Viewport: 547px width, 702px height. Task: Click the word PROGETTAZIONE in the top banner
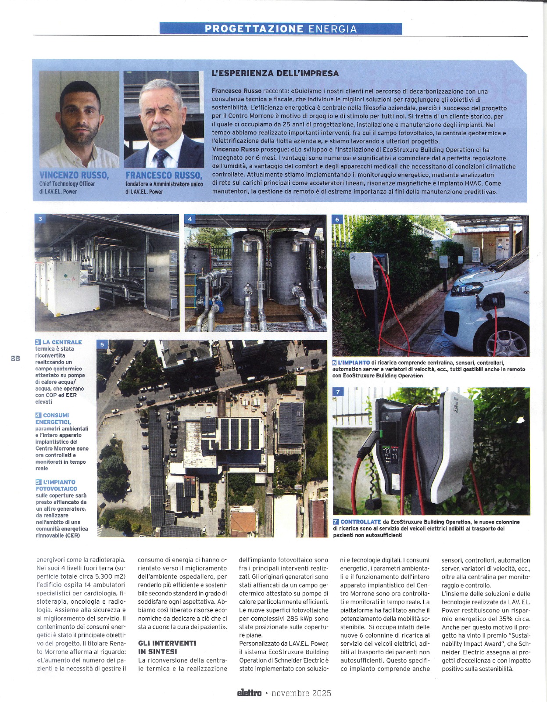[254, 29]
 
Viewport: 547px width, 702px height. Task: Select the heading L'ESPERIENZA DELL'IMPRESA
[275, 73]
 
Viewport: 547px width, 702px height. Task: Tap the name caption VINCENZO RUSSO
[74, 175]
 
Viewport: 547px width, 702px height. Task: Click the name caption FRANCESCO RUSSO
[164, 175]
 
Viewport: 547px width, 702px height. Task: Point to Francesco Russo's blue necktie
[162, 158]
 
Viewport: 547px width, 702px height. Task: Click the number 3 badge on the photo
[40, 219]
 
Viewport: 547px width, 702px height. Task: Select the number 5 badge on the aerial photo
[102, 344]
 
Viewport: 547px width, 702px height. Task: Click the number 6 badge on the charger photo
[337, 219]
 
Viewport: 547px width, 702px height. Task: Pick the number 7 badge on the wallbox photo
[338, 392]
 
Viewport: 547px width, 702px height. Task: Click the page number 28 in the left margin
[15, 358]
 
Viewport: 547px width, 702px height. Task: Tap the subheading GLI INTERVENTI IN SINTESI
[167, 647]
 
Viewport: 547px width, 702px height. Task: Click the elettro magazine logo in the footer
[249, 693]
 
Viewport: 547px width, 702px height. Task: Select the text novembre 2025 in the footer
[301, 693]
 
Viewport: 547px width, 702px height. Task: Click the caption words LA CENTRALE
[62, 342]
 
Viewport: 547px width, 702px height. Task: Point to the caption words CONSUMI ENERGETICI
[53, 419]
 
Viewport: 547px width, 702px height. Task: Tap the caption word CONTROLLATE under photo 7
[361, 522]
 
